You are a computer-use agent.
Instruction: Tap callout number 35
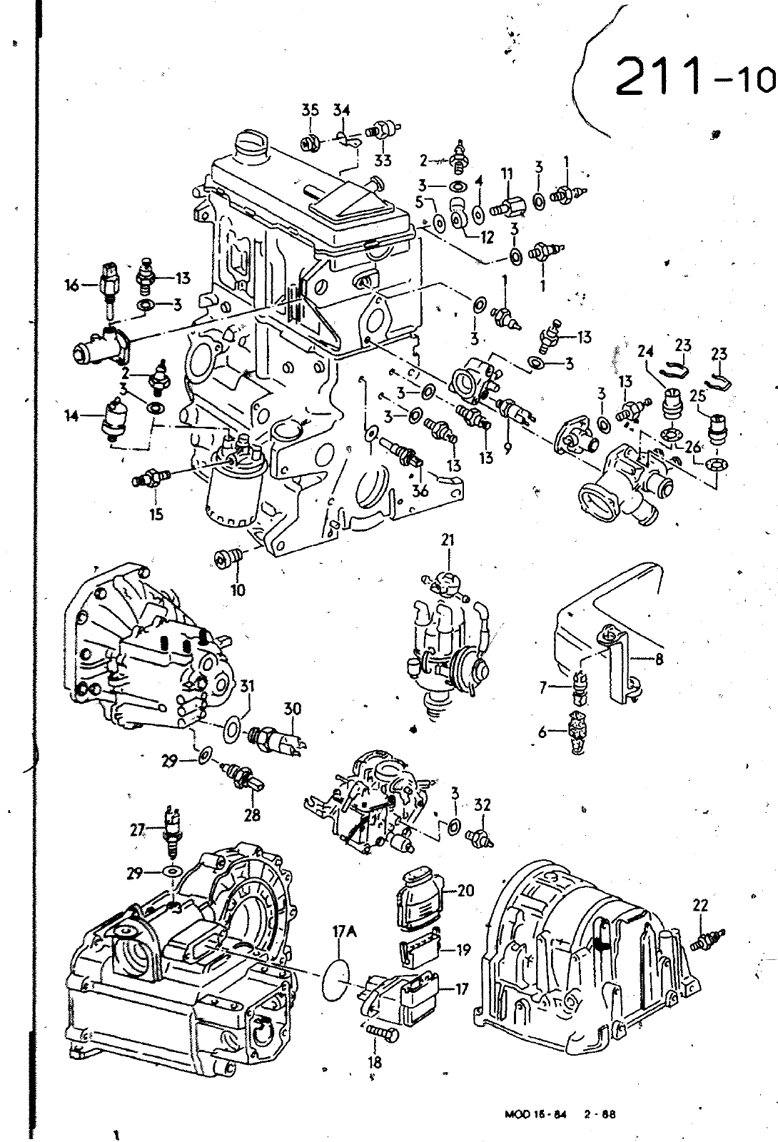pos(310,110)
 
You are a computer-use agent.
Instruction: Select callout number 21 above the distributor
pos(448,540)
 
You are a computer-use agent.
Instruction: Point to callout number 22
pos(701,905)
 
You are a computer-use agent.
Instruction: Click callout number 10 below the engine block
pos(238,590)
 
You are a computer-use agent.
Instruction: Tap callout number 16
pos(72,286)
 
